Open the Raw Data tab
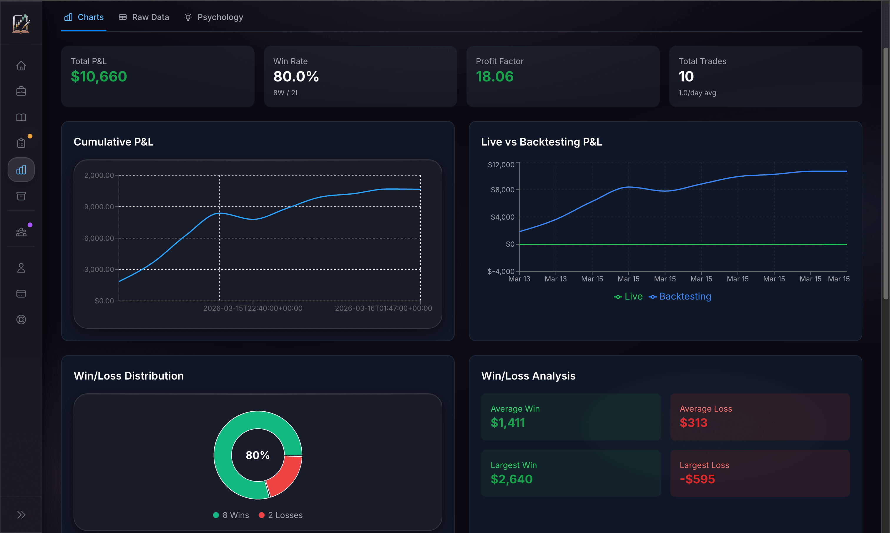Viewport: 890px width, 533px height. (144, 17)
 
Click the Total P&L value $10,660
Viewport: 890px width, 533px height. (99, 76)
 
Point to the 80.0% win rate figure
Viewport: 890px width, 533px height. (296, 76)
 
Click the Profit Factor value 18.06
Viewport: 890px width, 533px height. (495, 76)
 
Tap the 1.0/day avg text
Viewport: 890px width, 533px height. (697, 93)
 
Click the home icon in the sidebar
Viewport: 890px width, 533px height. (21, 66)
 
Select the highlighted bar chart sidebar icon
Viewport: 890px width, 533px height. (21, 170)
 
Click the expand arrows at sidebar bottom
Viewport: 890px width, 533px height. (21, 515)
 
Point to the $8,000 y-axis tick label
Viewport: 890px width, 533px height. (502, 190)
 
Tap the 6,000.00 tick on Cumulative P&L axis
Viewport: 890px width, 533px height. (99, 238)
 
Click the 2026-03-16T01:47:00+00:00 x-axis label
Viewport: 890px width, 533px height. (383, 308)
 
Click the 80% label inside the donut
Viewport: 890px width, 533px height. (257, 455)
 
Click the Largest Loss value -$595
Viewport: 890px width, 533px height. (697, 479)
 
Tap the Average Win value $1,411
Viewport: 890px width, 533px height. (508, 423)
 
